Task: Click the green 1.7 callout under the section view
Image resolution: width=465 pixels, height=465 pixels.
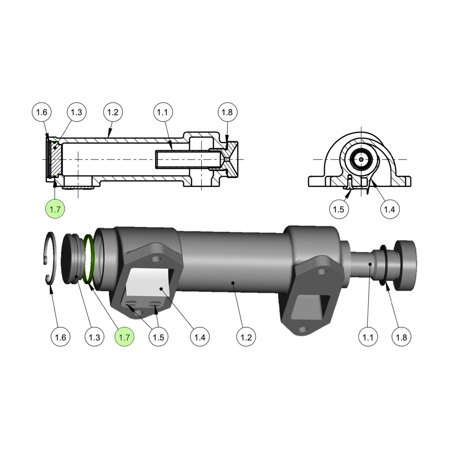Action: tap(55, 209)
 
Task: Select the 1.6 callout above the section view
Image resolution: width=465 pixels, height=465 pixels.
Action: tap(41, 112)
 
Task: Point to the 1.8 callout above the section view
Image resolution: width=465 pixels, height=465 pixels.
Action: tap(227, 112)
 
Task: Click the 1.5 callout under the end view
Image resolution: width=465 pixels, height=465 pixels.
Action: tap(339, 209)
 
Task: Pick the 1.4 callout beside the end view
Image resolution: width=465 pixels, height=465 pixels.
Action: tap(390, 209)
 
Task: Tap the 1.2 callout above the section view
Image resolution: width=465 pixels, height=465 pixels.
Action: tap(113, 112)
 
